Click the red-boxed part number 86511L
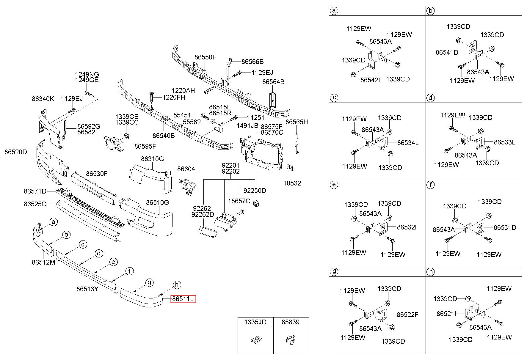pyautogui.click(x=183, y=299)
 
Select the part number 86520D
pyautogui.click(x=15, y=152)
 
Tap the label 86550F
pyautogui.click(x=205, y=57)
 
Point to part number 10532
pyautogui.click(x=292, y=183)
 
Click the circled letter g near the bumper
pyautogui.click(x=149, y=282)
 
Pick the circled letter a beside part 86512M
pyautogui.click(x=54, y=222)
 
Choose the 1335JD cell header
pyautogui.click(x=255, y=322)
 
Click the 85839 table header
pyautogui.click(x=291, y=322)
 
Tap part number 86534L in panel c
pyautogui.click(x=408, y=143)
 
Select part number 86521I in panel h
pyautogui.click(x=446, y=314)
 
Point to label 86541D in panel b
pyautogui.click(x=447, y=52)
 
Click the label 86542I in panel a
pyautogui.click(x=370, y=80)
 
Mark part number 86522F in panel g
pyautogui.click(x=407, y=315)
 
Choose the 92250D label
pyautogui.click(x=255, y=191)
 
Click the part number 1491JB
pyautogui.click(x=247, y=126)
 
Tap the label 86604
pyautogui.click(x=186, y=169)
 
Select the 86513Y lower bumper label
pyautogui.click(x=87, y=289)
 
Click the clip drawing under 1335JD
pyautogui.click(x=255, y=339)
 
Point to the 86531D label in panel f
pyautogui.click(x=505, y=227)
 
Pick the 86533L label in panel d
pyautogui.click(x=505, y=142)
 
